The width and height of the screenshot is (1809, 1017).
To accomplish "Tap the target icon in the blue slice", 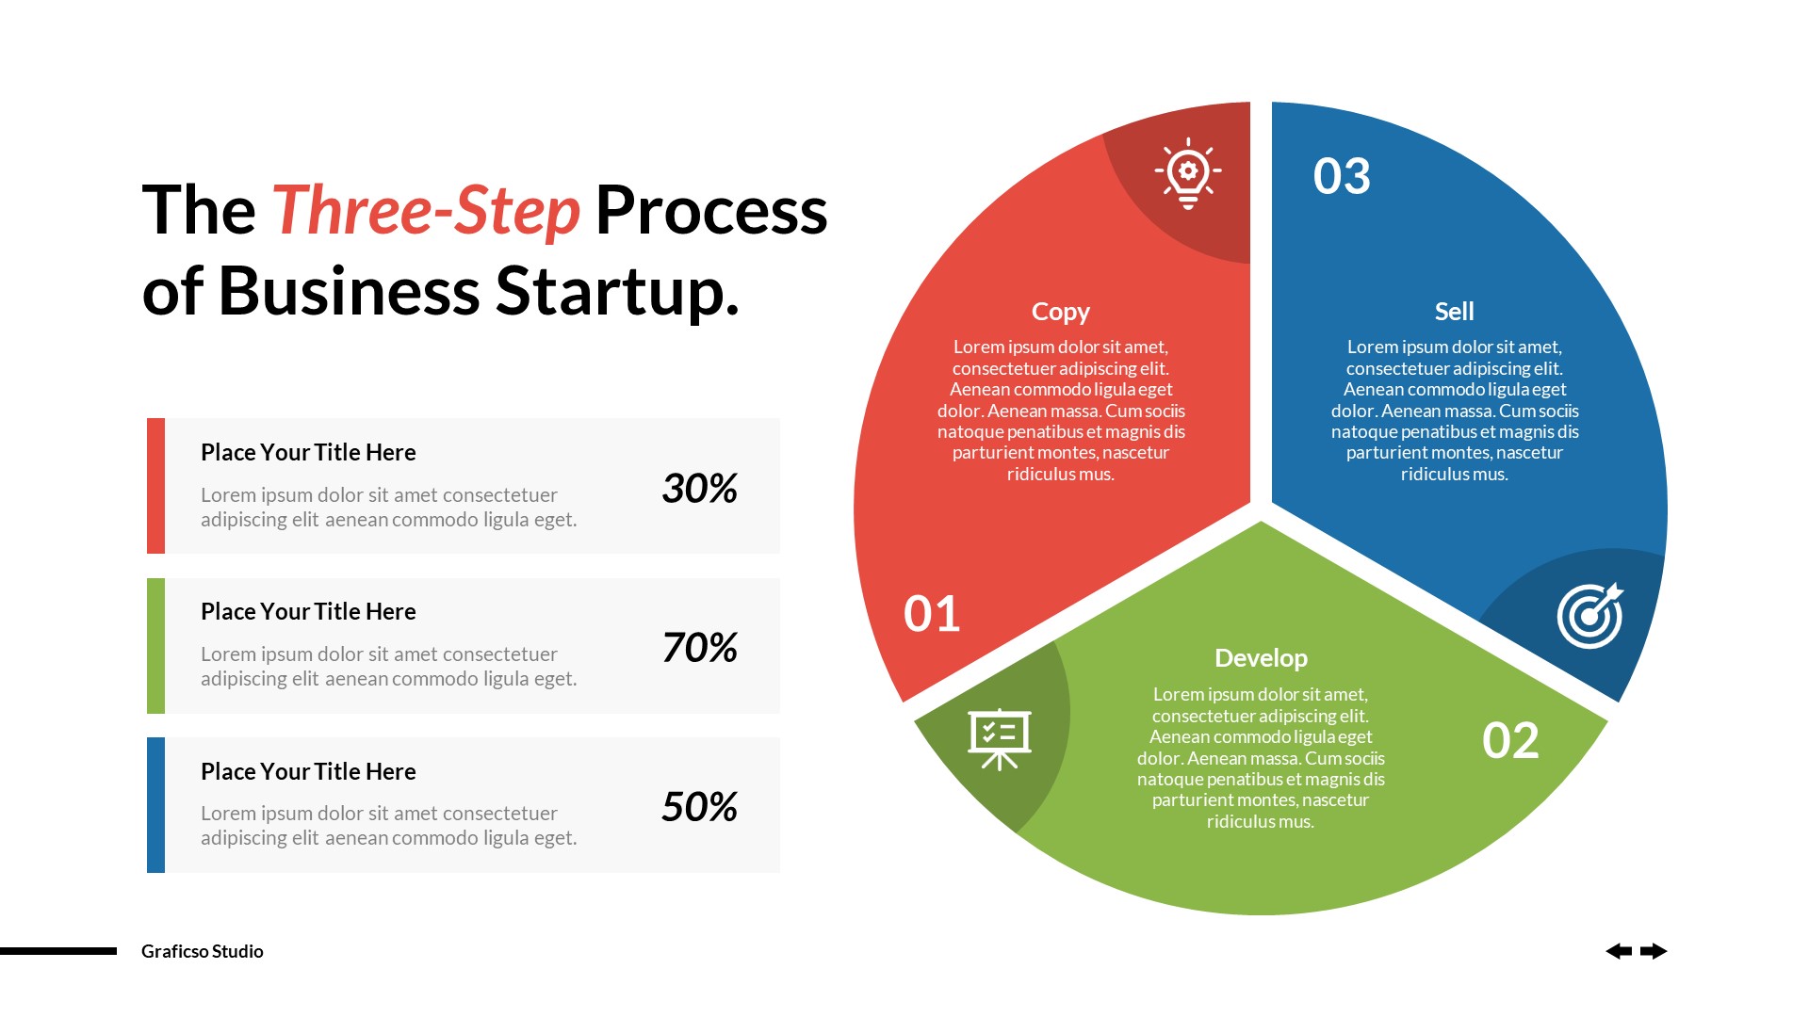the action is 1590,616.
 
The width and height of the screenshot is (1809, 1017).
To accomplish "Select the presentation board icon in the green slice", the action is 1000,738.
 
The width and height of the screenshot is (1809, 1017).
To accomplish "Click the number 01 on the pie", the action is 932,614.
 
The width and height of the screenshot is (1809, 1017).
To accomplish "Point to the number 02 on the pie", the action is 1510,740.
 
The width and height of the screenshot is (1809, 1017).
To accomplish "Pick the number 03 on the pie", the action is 1342,176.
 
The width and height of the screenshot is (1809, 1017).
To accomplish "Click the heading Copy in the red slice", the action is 1061,312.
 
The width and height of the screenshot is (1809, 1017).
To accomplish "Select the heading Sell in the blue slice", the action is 1454,311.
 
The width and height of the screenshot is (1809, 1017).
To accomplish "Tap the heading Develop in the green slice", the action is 1261,658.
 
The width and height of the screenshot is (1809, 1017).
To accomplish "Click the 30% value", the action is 699,488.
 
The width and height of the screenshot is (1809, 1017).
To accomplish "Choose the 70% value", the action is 699,647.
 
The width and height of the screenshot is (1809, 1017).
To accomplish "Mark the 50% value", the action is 699,806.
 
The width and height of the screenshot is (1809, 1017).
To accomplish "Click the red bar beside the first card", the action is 155,486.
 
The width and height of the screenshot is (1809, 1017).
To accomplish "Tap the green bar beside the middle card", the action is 155,646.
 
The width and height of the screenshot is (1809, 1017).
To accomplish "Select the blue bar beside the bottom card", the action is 155,805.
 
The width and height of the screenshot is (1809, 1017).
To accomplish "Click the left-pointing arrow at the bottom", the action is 1619,951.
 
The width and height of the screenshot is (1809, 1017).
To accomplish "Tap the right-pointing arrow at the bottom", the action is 1654,951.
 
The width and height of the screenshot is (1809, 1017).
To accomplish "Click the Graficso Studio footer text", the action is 203,951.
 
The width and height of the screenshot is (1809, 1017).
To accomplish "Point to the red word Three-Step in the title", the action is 426,210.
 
